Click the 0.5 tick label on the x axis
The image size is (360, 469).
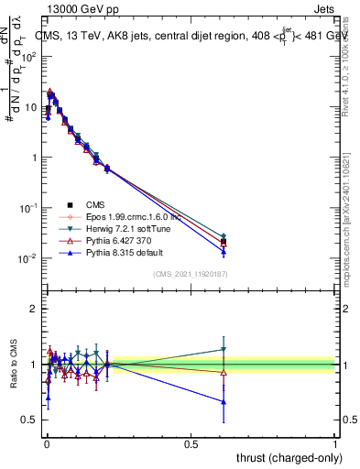(191, 443)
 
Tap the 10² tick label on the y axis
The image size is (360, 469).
(29, 56)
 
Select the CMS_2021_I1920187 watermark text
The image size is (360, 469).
(191, 274)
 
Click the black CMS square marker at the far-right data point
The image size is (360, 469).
(224, 242)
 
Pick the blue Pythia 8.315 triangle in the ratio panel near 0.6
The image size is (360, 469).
(224, 401)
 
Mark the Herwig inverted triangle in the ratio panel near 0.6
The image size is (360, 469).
(224, 349)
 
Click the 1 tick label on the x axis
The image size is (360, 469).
(334, 443)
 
